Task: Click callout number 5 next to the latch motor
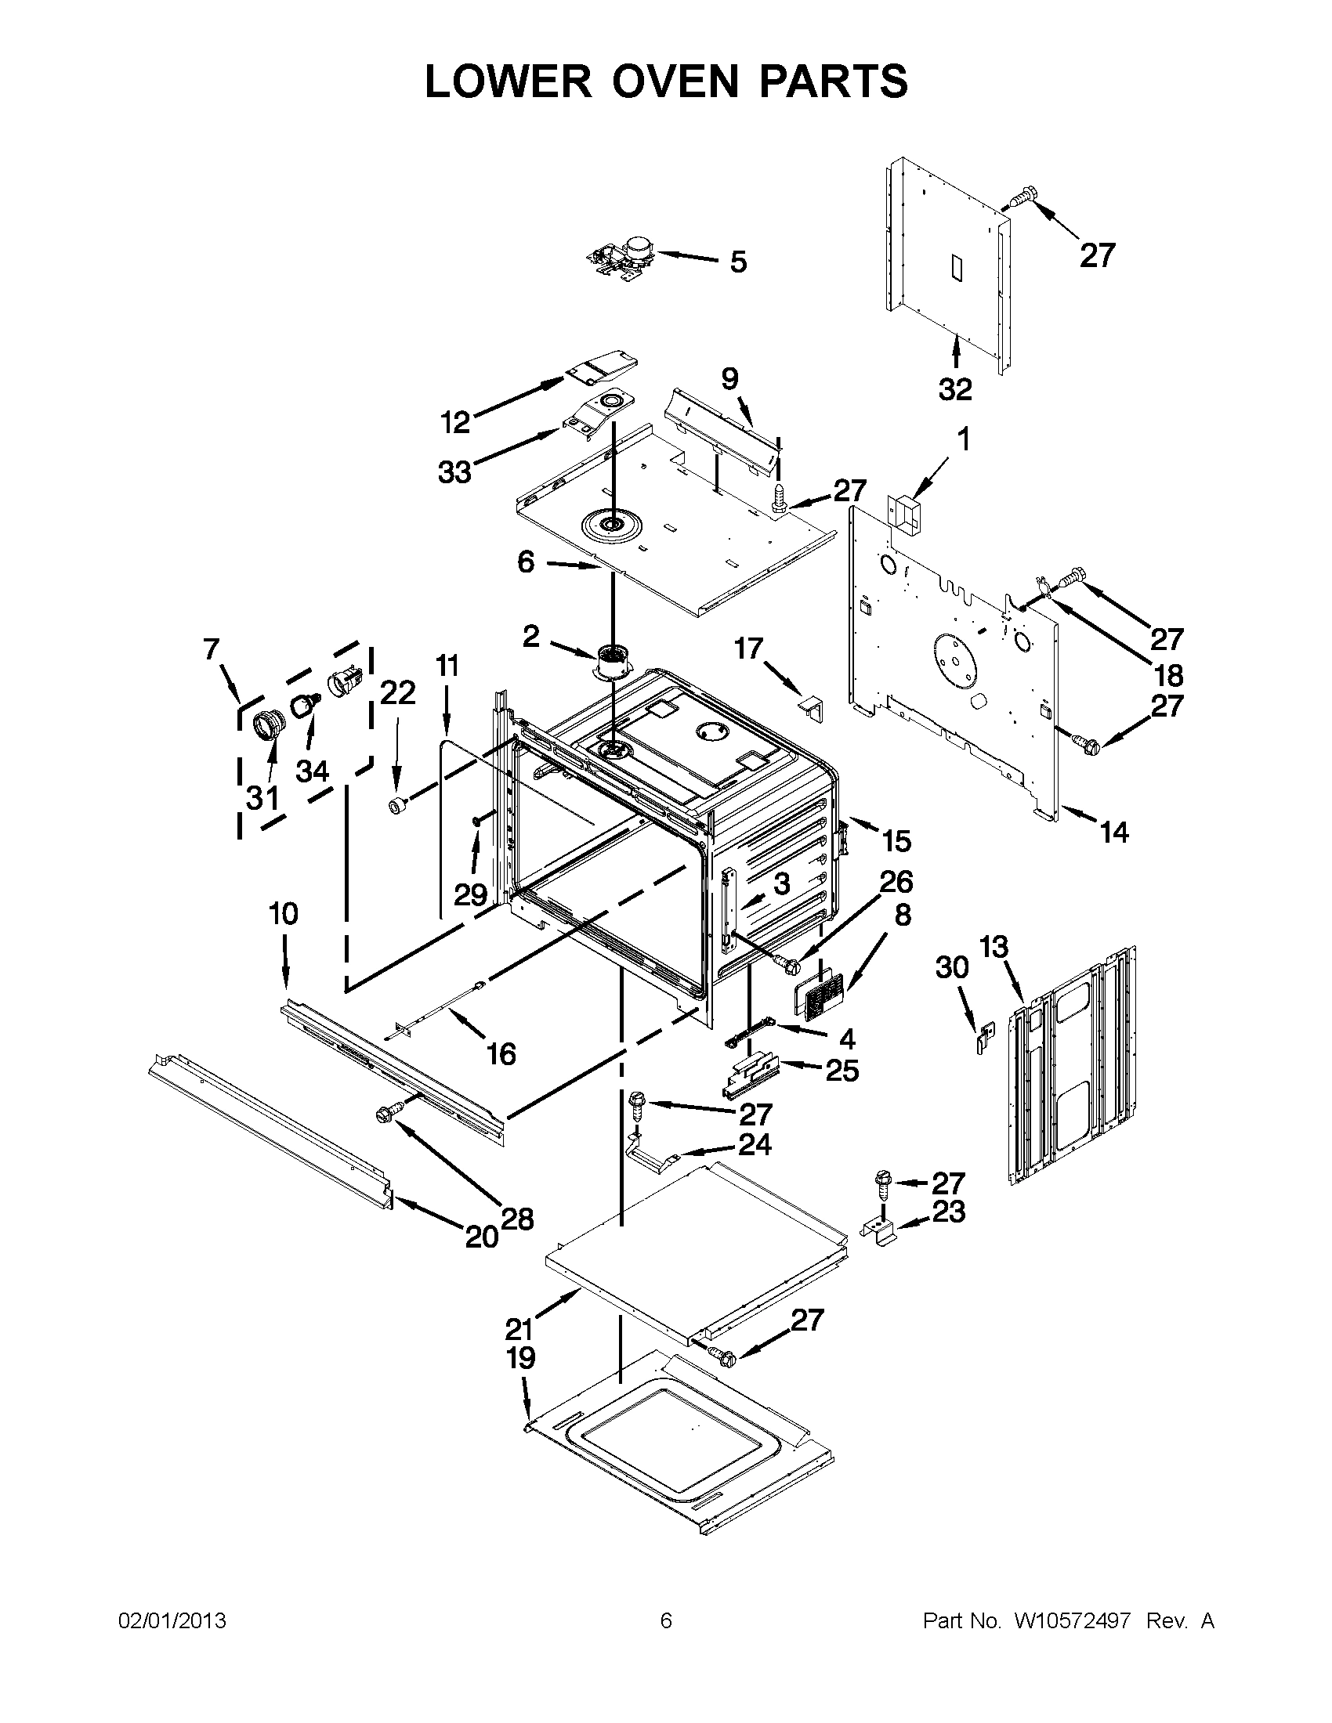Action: pos(738,262)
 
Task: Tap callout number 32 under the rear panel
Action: pos(955,389)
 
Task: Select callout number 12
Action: pos(455,423)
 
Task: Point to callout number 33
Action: pos(455,472)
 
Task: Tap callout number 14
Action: pos(1114,832)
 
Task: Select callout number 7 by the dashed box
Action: pos(211,649)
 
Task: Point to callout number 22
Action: pos(397,692)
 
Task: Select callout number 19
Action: pos(521,1359)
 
